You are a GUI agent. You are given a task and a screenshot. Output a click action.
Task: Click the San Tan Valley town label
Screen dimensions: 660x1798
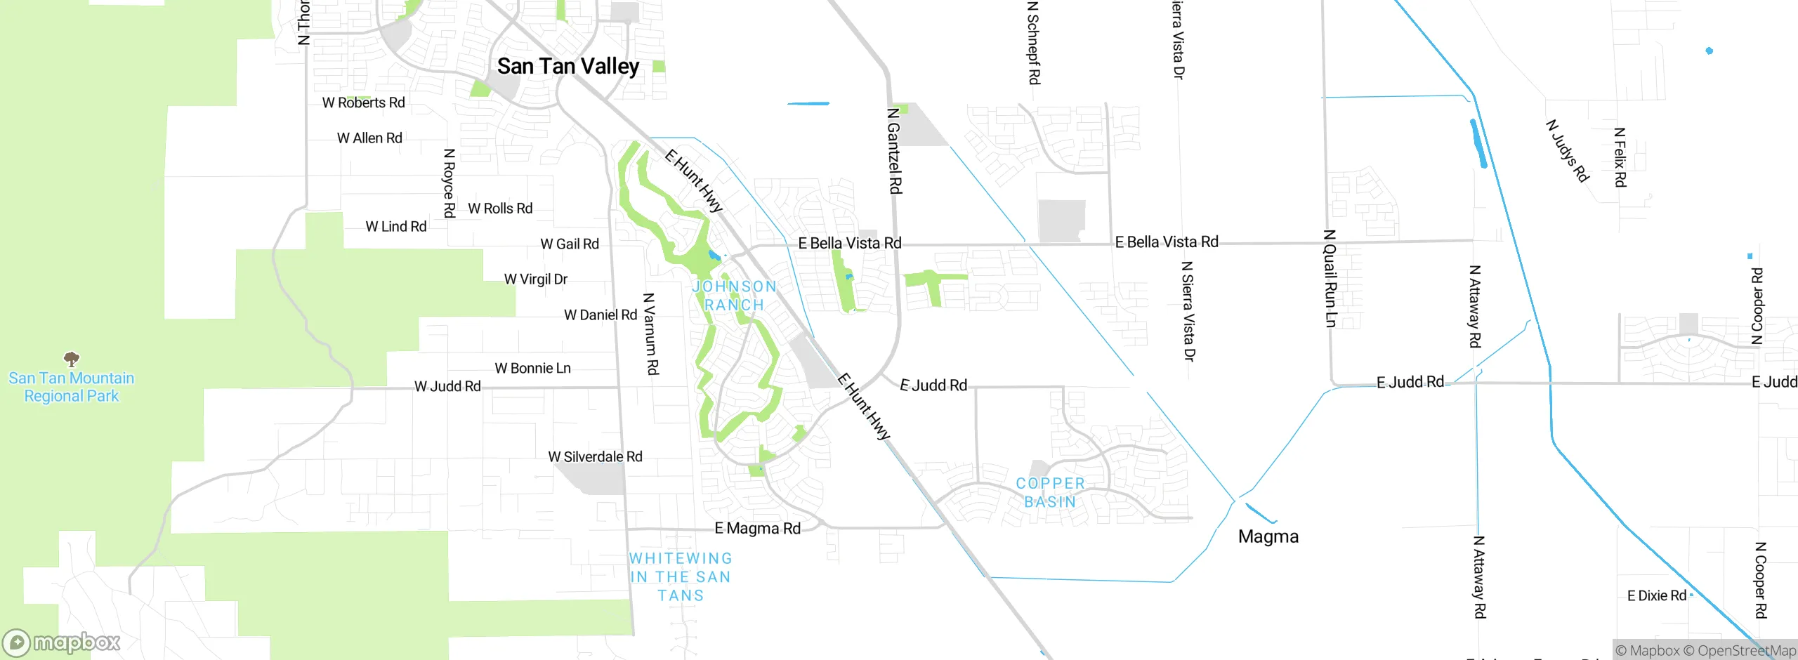click(568, 66)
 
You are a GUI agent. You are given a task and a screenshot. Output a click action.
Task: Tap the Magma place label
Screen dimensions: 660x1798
click(1268, 536)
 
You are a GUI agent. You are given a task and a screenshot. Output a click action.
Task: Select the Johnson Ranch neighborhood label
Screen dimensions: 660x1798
click(734, 296)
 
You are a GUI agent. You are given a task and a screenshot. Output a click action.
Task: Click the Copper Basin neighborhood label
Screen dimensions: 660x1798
click(1050, 492)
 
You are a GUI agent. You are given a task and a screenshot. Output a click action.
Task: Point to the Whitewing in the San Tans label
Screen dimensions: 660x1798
click(681, 576)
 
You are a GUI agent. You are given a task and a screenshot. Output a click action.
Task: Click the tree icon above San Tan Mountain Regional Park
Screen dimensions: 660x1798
click(72, 359)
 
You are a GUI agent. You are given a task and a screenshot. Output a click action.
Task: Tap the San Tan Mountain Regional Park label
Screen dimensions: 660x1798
click(71, 387)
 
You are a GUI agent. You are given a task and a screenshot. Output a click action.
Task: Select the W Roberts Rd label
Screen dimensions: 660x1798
click(363, 103)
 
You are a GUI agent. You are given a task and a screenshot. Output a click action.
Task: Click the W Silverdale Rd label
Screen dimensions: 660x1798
click(595, 456)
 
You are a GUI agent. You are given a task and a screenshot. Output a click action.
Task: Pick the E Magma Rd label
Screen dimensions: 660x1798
click(757, 528)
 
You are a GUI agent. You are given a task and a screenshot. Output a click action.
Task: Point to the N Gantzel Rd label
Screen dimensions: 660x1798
click(894, 150)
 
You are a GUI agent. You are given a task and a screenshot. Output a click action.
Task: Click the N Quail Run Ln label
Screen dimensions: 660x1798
click(1330, 278)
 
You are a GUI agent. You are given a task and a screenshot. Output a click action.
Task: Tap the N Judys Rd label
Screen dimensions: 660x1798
click(1567, 151)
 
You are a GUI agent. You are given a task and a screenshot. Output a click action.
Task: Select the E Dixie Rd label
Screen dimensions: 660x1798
click(1656, 595)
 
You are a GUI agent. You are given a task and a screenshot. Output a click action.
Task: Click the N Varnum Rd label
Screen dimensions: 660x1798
click(651, 334)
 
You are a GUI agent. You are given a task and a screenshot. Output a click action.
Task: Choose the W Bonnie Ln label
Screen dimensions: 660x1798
click(532, 368)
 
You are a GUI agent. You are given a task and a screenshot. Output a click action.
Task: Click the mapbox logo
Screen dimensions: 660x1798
click(62, 642)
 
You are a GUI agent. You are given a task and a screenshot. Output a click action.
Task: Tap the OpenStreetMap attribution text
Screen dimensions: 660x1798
click(1746, 651)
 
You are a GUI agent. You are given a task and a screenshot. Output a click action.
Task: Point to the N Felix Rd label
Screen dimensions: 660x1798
click(1620, 157)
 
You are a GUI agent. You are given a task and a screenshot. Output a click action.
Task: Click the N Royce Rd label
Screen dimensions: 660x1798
click(449, 183)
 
